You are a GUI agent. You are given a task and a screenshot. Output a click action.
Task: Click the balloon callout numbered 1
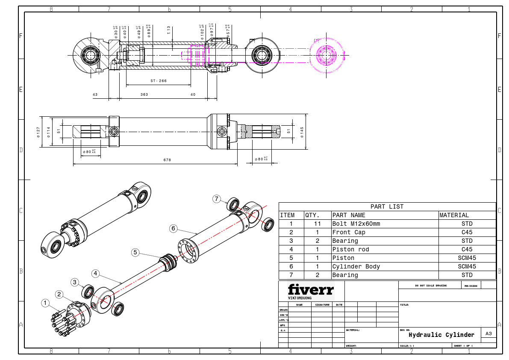tap(45, 303)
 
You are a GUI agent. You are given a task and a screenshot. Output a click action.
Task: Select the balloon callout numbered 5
tap(135, 253)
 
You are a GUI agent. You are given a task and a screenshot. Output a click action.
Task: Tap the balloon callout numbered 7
tap(217, 199)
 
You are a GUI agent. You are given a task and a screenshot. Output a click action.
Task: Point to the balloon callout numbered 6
tap(174, 229)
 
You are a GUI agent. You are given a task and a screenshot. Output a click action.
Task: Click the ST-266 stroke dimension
tap(159, 81)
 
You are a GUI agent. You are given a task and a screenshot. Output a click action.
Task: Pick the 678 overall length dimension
tap(167, 160)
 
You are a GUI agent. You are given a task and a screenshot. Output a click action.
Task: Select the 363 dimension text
tap(144, 94)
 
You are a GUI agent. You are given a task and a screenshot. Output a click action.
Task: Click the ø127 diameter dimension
tap(38, 132)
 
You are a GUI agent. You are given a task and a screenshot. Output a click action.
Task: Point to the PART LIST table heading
tap(387, 207)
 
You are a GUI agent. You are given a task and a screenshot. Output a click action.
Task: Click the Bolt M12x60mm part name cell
tap(356, 224)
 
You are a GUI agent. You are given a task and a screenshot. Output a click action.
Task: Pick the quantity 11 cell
tap(317, 224)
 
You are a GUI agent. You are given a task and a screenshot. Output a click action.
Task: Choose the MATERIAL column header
tap(454, 215)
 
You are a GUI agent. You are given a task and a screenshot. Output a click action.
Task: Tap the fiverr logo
tap(311, 290)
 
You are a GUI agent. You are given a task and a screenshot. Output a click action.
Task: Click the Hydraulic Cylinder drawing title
tap(441, 335)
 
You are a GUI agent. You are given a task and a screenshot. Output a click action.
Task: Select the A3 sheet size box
tap(489, 333)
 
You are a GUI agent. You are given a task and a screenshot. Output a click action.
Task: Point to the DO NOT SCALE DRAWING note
tap(430, 285)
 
